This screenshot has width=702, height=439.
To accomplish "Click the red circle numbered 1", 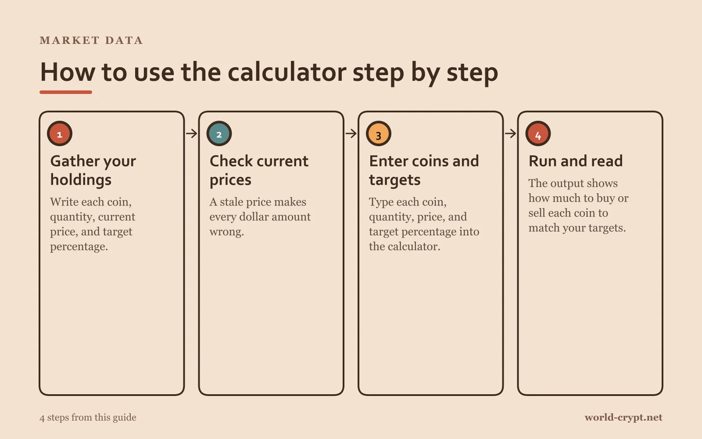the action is click(x=60, y=133).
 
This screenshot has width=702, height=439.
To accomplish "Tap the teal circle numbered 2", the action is click(x=219, y=133).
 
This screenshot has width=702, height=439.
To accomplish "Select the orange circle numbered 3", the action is click(x=379, y=133).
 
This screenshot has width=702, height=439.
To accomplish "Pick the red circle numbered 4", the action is click(x=538, y=133).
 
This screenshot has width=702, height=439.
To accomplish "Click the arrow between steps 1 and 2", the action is click(x=191, y=133).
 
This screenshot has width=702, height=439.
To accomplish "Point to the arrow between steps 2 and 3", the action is click(x=351, y=133).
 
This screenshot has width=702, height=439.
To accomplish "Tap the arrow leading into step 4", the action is click(x=511, y=133).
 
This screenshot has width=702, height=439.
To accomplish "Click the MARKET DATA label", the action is click(x=91, y=40).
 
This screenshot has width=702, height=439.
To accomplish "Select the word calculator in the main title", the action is click(x=287, y=72).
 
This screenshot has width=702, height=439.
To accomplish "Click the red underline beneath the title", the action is click(x=66, y=92).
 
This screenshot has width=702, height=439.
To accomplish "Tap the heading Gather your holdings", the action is click(x=93, y=170).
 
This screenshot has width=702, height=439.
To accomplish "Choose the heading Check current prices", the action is click(x=259, y=170).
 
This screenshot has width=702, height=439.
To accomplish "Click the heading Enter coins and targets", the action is click(x=424, y=170).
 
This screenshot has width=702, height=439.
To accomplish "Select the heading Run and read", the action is click(x=576, y=161).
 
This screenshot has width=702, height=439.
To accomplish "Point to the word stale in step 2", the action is click(x=232, y=202).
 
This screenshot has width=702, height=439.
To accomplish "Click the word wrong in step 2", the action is click(x=226, y=232).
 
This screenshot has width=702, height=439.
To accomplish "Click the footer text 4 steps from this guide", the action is click(x=88, y=417).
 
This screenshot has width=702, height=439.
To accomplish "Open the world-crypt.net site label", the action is click(x=623, y=417).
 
